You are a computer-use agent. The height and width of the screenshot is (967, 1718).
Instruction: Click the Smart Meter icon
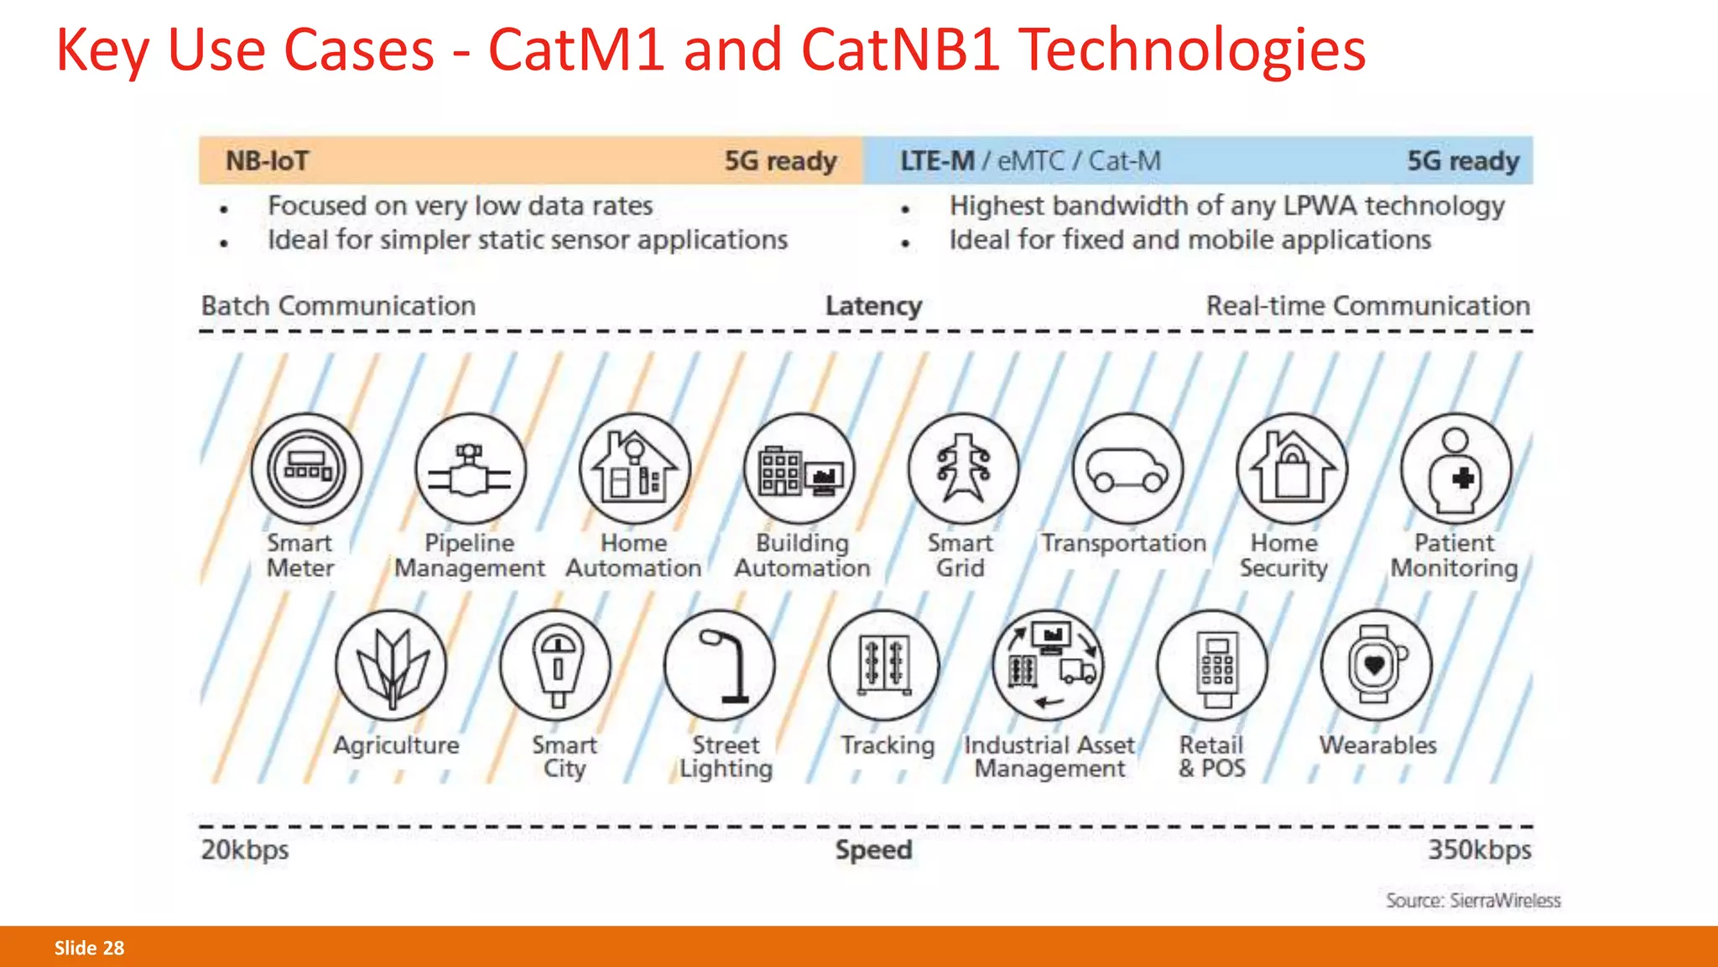pyautogui.click(x=306, y=469)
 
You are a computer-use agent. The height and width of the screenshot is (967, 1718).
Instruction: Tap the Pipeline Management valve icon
pyautogui.click(x=471, y=469)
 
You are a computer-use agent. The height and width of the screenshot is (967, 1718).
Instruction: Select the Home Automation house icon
pyautogui.click(x=635, y=469)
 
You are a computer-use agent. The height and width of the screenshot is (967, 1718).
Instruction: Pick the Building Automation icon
pyautogui.click(x=799, y=469)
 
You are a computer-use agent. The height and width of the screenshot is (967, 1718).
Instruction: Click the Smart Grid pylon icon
pyautogui.click(x=963, y=469)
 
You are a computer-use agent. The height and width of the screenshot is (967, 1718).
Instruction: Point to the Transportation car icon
pyautogui.click(x=1127, y=469)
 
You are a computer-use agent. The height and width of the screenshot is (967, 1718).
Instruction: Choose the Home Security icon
pyautogui.click(x=1292, y=469)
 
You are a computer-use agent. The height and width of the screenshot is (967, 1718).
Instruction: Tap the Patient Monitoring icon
pyautogui.click(x=1456, y=469)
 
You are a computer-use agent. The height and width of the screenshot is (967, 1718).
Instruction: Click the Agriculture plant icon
pyautogui.click(x=391, y=666)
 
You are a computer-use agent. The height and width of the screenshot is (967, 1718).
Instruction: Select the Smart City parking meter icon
pyautogui.click(x=555, y=666)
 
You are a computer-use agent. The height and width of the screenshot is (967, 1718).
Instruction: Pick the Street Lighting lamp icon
pyautogui.click(x=720, y=666)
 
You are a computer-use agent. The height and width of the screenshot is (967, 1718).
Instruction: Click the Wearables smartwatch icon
pyautogui.click(x=1376, y=666)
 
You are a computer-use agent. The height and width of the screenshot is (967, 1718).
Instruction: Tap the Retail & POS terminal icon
pyautogui.click(x=1212, y=666)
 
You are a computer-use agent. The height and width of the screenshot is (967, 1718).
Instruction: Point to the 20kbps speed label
pyautogui.click(x=245, y=850)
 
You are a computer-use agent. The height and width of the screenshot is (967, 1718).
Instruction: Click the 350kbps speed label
pyautogui.click(x=1480, y=850)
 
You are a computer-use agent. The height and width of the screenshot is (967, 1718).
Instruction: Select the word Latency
pyautogui.click(x=873, y=306)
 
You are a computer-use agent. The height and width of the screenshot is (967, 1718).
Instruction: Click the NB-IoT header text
pyautogui.click(x=268, y=160)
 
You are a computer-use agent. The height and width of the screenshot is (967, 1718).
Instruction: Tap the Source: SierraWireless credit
pyautogui.click(x=1473, y=901)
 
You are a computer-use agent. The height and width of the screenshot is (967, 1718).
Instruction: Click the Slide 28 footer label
pyautogui.click(x=89, y=949)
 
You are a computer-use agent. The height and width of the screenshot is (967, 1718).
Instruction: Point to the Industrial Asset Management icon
pyautogui.click(x=1049, y=666)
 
